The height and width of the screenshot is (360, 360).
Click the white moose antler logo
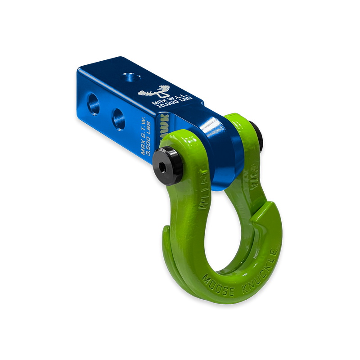(x=151, y=90)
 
